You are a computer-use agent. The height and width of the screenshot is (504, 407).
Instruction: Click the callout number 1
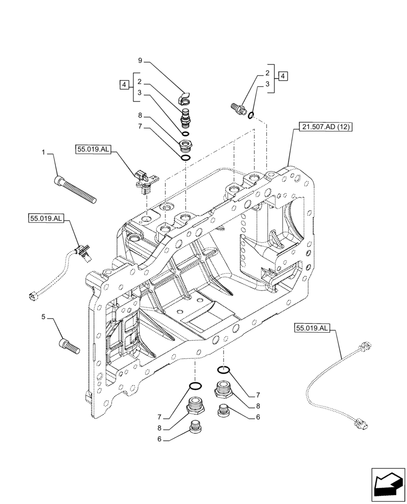44,152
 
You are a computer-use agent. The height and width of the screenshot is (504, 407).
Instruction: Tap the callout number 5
44,317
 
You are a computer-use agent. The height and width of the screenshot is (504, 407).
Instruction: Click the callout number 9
141,61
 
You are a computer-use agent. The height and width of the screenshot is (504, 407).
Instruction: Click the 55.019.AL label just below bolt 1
46,218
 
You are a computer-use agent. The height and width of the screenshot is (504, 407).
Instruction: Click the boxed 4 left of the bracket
123,84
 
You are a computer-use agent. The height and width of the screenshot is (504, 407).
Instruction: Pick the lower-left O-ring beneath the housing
195,387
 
